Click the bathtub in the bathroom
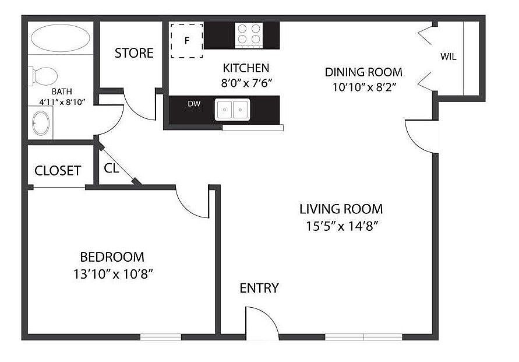[60, 38]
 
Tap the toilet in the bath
[43, 76]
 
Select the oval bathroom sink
[41, 123]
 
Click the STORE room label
[134, 53]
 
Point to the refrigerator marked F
[186, 41]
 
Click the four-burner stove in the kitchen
[249, 34]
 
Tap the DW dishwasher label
[194, 104]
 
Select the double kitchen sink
[232, 109]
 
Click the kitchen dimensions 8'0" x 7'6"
[246, 83]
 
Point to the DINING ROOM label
[363, 72]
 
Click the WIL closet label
[448, 57]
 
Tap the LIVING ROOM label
[341, 209]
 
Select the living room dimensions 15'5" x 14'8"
[341, 226]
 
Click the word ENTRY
[259, 288]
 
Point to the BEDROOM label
[112, 257]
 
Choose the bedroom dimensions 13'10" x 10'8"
[113, 274]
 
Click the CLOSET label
[58, 171]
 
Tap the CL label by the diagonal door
[111, 168]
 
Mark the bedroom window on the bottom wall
[161, 337]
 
